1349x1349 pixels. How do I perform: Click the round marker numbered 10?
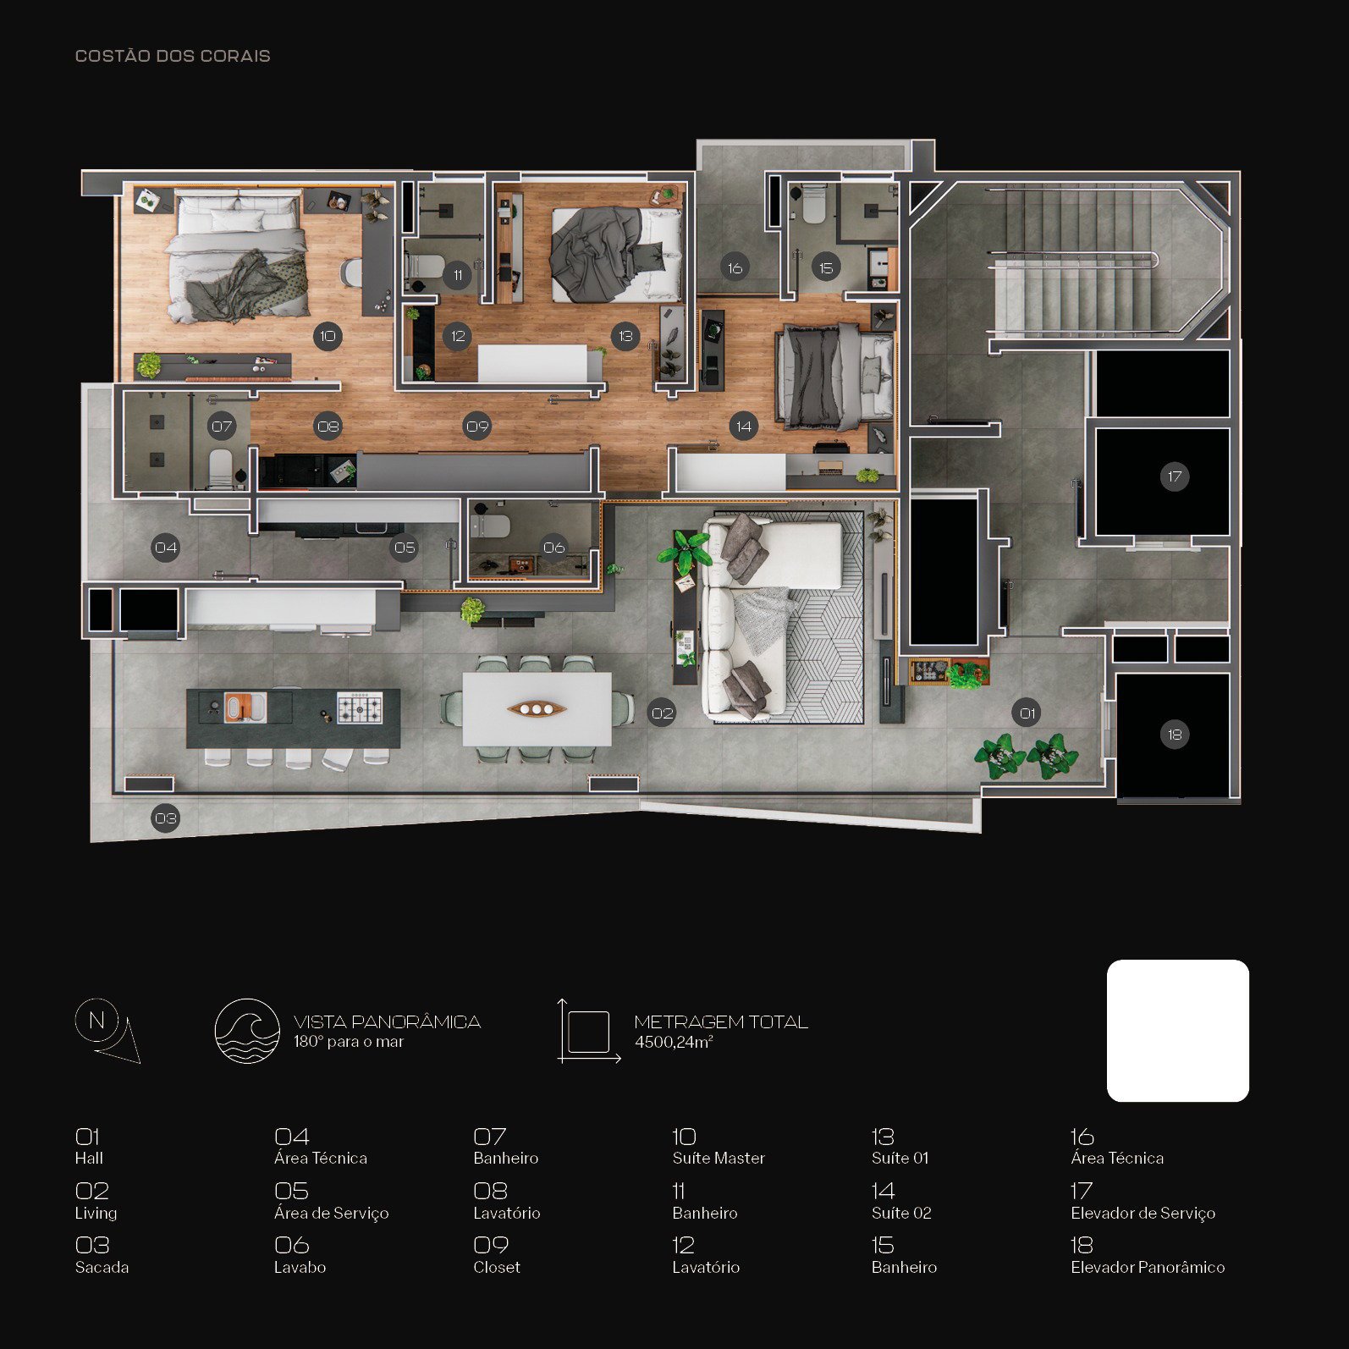pos(328,336)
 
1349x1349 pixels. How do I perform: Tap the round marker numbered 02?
pos(663,713)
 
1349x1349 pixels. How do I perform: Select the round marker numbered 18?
pos(1175,735)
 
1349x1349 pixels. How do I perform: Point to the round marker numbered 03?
pos(166,818)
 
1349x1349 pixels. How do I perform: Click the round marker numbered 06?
pos(554,548)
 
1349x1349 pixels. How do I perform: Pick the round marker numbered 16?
pos(735,268)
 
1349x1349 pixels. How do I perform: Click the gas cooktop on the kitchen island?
pos(360,708)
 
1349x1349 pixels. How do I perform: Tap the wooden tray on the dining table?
pos(537,708)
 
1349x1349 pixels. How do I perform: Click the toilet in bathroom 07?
pos(220,468)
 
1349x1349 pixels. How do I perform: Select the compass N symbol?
pos(97,1021)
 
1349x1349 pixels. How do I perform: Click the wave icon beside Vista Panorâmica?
pos(247,1031)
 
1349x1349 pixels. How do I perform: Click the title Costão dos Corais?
pos(173,56)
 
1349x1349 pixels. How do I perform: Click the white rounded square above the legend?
pos(1178,1031)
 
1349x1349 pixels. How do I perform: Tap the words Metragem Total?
pos(721,1022)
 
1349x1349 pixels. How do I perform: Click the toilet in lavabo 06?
pos(491,526)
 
